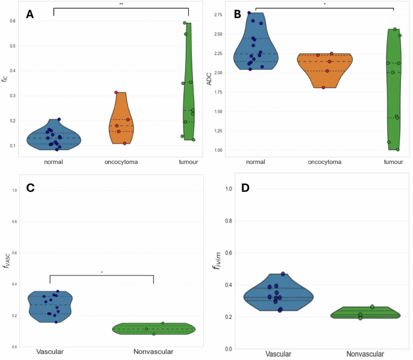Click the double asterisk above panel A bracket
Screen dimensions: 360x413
(x=121, y=4)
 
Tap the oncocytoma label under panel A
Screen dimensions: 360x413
(x=120, y=162)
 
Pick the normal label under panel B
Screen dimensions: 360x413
(x=256, y=162)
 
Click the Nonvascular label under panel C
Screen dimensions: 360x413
(x=154, y=352)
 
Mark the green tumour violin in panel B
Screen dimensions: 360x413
(x=393, y=90)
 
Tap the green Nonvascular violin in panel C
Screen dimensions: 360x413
(x=154, y=329)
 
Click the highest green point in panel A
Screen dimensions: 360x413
(x=185, y=24)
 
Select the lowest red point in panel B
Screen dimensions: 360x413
(x=323, y=87)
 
